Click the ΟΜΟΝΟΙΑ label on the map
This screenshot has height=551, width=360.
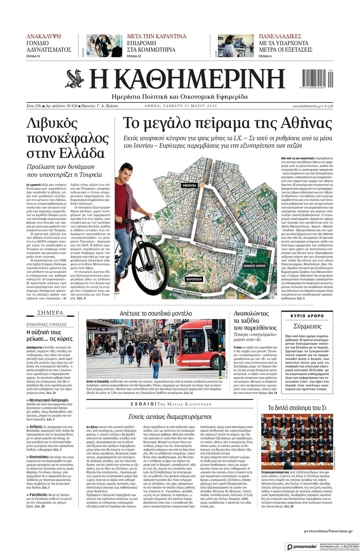(190, 185)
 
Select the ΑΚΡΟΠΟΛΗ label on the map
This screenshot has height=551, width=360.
(194, 279)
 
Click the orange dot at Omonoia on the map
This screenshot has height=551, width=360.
(202, 185)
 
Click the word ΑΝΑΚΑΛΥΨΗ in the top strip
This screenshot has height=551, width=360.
(44, 37)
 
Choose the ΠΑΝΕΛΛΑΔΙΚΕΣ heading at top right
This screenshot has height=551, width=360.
(280, 37)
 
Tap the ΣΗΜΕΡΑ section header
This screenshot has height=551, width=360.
(50, 313)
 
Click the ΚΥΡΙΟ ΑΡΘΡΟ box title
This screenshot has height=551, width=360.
(307, 316)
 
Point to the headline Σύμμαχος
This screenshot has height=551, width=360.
(307, 326)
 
